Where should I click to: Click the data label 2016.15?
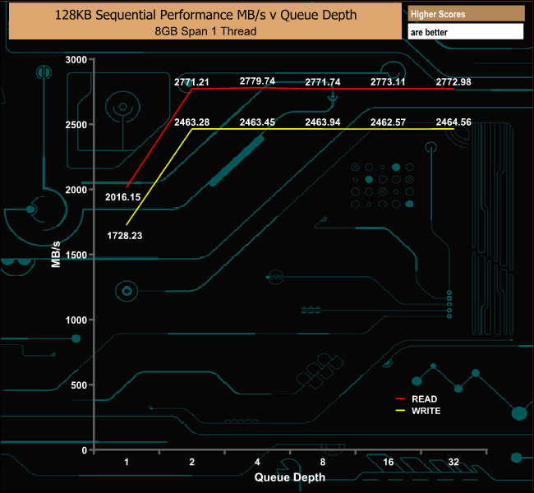coord(122,197)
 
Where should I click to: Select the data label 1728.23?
coord(125,236)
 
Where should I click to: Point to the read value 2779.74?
coord(257,81)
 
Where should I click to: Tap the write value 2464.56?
coord(453,122)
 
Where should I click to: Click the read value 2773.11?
coord(388,82)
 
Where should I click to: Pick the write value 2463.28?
coord(191,122)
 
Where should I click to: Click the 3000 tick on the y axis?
coord(76,60)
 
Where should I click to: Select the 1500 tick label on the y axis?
coord(76,256)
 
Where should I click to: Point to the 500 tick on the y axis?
coord(79,385)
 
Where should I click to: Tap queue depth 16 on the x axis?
coord(389,462)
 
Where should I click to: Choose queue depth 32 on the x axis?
coord(453,462)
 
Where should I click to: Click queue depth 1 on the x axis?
coord(127,462)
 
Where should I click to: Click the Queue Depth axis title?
coord(290,477)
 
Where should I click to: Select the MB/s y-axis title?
coord(56,255)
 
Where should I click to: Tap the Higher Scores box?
coord(466,14)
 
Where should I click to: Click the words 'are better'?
coord(429,32)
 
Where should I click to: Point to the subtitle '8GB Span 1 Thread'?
coord(205,31)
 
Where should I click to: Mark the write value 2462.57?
coord(388,122)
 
